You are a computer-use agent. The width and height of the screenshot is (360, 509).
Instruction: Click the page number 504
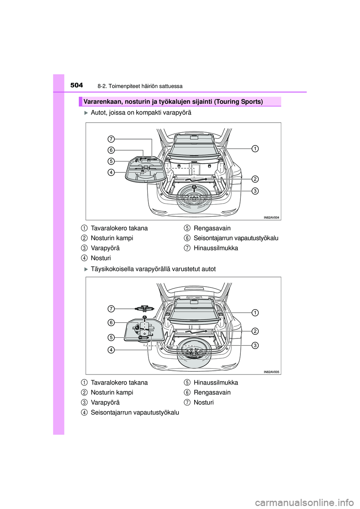tap(76, 85)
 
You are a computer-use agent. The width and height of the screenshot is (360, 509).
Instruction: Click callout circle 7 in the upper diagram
tap(111, 139)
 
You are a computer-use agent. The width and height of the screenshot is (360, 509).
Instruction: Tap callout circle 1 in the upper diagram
tap(255, 148)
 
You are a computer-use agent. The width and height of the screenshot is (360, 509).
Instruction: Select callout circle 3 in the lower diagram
tap(255, 345)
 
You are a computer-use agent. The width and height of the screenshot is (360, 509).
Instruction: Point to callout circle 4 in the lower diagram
tap(111, 350)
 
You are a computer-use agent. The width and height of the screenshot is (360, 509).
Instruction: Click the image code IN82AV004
tap(271, 217)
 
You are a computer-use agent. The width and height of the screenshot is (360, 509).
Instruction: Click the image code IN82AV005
tap(271, 372)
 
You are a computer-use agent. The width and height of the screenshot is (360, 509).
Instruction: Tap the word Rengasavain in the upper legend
tap(212, 228)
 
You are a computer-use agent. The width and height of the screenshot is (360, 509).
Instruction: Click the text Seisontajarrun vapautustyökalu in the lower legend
tap(135, 412)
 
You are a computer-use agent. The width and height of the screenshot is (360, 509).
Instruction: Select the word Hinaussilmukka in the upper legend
tap(216, 248)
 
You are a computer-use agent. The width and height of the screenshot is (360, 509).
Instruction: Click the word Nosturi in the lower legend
tap(204, 403)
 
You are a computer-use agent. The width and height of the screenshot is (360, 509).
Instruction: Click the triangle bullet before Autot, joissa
tap(86, 113)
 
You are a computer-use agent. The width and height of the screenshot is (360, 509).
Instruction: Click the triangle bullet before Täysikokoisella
tap(86, 269)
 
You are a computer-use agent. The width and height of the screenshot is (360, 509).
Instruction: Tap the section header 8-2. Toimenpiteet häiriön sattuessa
tap(140, 86)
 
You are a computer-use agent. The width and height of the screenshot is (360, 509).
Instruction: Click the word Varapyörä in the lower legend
tap(105, 403)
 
